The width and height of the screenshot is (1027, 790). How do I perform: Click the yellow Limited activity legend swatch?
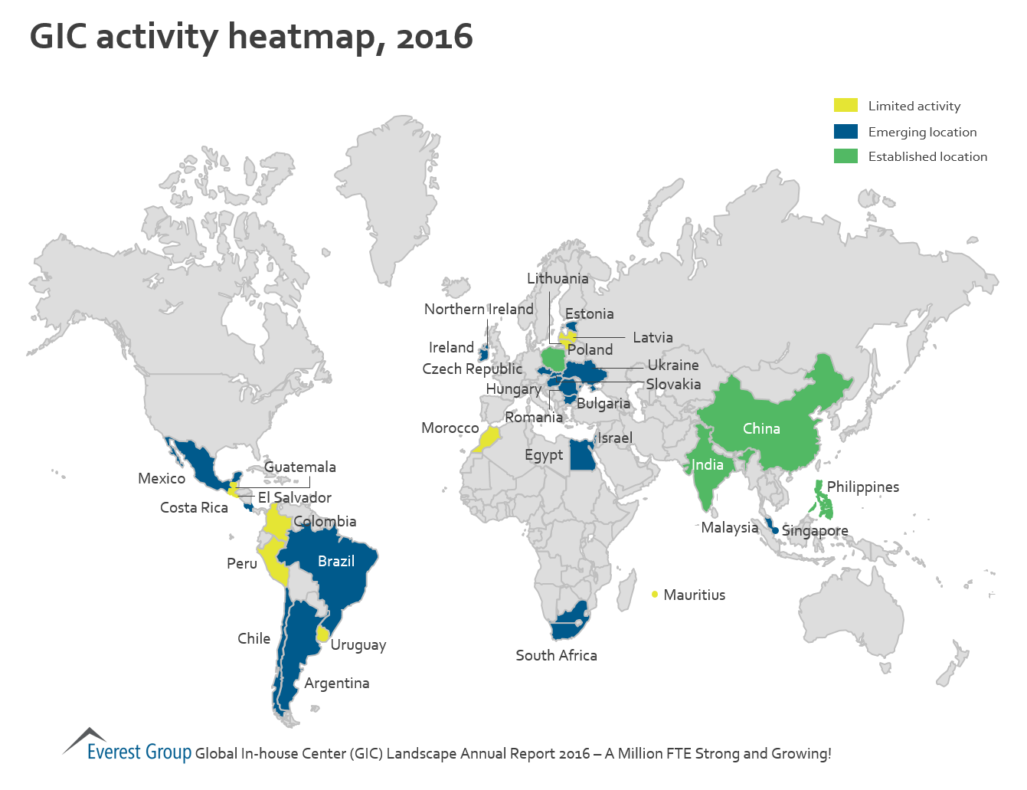coord(845,106)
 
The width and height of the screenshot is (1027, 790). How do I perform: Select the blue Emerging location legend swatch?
coord(845,132)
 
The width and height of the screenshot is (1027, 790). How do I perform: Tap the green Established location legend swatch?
coord(845,156)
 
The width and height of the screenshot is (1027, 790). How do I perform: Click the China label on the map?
coord(761,428)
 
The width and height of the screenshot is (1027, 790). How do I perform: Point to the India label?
coord(707,464)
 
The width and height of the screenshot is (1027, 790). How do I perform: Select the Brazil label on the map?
coord(335,561)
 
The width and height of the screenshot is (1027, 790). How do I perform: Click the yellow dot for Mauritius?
coord(655,594)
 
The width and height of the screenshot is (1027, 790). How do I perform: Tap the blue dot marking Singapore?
coord(775,530)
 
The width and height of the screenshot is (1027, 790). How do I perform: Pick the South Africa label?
coord(556,655)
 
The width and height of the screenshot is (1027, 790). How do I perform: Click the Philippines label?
coord(862,487)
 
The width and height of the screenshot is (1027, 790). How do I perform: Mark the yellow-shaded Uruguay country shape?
coord(323,634)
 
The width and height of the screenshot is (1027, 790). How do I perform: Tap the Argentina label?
coord(336,683)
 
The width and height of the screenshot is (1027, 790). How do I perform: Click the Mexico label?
coord(162,478)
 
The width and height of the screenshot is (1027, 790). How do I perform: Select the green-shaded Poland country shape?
coord(552,358)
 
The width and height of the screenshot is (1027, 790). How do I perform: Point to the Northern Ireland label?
coord(479,309)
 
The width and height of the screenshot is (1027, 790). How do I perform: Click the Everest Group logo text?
coord(139,752)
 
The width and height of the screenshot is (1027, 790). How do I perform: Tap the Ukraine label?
coord(673,365)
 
